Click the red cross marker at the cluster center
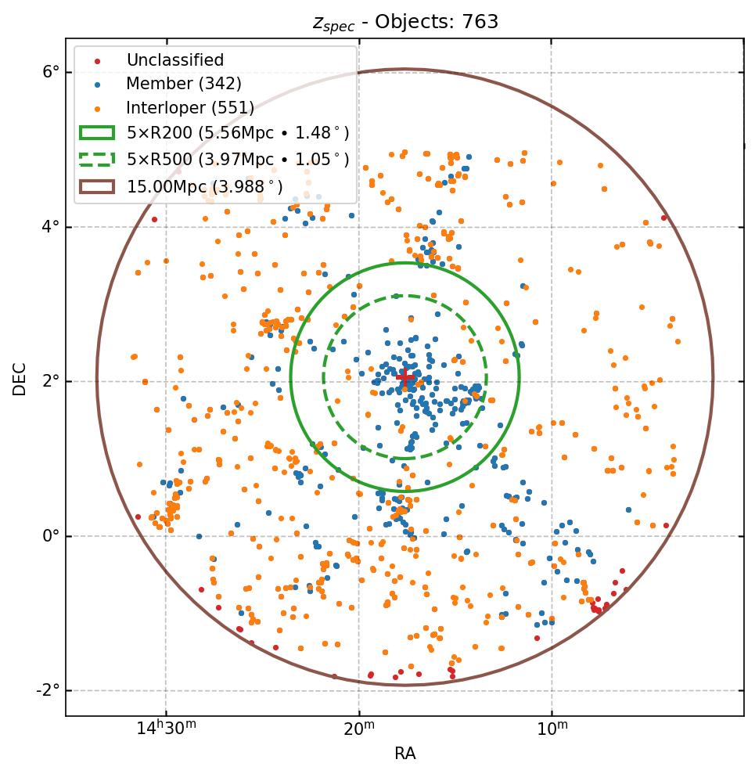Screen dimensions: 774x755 point(404,377)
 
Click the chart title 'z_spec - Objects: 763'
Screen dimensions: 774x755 point(405,22)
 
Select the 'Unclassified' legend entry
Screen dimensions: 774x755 point(174,60)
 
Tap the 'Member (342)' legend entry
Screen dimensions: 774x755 point(184,84)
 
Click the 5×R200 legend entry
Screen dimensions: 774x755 point(238,133)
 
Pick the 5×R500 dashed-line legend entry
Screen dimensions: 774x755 point(238,160)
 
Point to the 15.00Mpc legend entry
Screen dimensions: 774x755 point(204,186)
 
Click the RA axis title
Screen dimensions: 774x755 point(404,754)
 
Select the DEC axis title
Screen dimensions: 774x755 point(20,379)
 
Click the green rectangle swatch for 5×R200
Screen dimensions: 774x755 point(97,133)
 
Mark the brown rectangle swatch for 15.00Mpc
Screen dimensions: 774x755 point(97,186)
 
